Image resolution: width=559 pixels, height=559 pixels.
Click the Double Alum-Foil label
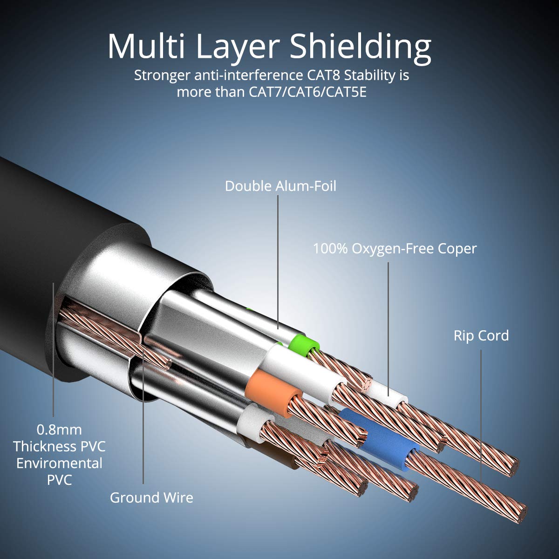click(280, 186)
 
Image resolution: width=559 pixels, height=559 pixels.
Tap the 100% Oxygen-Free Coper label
click(395, 248)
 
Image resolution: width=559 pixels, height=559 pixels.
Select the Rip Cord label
click(481, 335)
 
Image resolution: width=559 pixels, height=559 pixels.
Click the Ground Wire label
click(151, 498)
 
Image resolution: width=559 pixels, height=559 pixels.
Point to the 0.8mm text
click(59, 429)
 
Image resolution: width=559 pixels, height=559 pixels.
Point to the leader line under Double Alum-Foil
click(278, 261)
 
